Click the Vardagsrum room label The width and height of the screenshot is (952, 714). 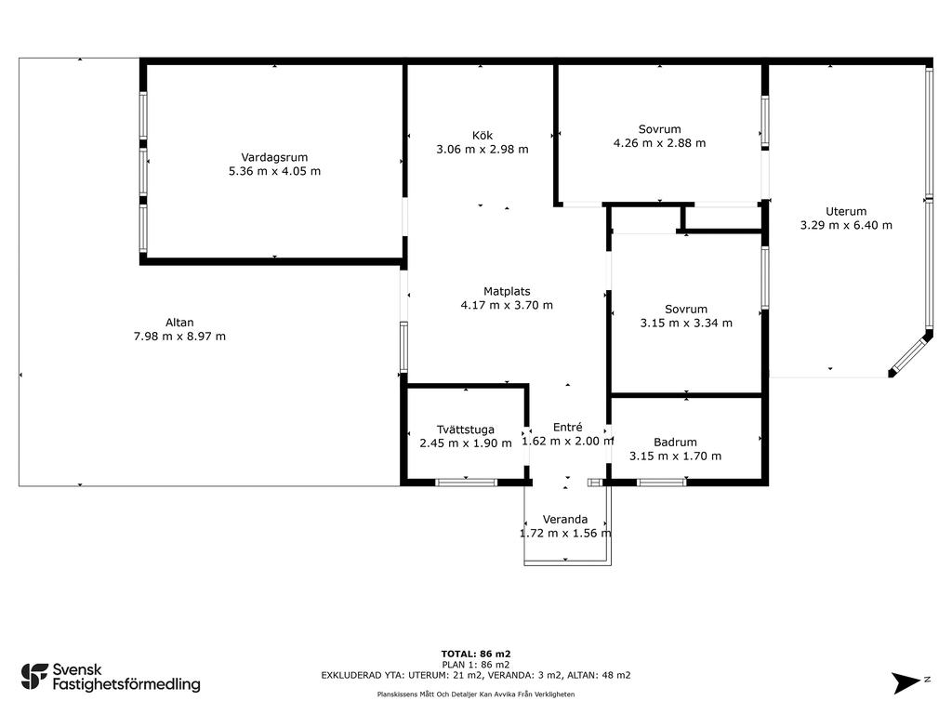click(274, 157)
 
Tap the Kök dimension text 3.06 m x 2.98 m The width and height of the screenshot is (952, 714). click(483, 150)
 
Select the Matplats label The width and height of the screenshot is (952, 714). click(507, 291)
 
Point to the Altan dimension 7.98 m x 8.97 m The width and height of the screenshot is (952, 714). click(179, 337)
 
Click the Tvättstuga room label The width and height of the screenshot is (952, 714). click(466, 430)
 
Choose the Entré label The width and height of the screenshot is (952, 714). click(568, 427)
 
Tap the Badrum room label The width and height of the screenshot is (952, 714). click(675, 443)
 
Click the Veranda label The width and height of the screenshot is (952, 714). click(565, 519)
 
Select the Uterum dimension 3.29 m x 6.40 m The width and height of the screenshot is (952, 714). click(846, 225)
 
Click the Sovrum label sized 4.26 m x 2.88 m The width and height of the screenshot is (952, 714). click(660, 129)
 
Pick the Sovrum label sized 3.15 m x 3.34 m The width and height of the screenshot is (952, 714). click(686, 309)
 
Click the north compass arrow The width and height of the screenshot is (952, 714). click(907, 682)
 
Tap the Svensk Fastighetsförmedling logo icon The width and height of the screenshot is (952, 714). click(34, 677)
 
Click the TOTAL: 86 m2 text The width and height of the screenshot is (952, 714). click(476, 654)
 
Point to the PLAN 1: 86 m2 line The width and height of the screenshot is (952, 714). click(476, 664)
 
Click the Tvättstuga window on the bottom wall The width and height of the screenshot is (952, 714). click(467, 483)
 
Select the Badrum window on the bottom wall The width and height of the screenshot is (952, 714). click(662, 483)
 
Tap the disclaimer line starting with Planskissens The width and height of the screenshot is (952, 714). click(476, 694)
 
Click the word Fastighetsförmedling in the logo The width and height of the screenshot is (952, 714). click(126, 684)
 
